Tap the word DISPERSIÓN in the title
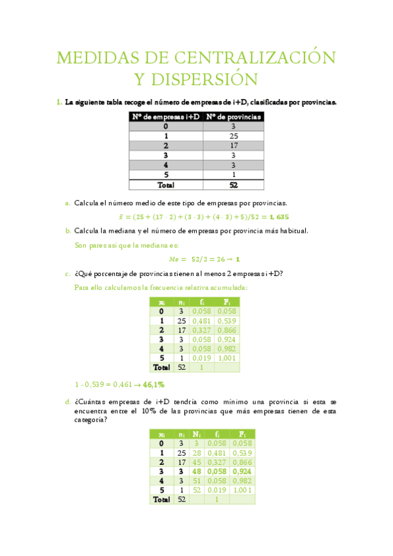click(x=197, y=80)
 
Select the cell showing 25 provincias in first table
click(x=234, y=136)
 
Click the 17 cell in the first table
click(x=234, y=146)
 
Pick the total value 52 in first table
click(x=234, y=185)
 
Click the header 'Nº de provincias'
click(x=234, y=117)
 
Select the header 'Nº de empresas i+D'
click(x=165, y=117)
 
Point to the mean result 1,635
click(x=278, y=216)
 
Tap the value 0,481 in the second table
click(x=201, y=321)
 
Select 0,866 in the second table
click(x=226, y=330)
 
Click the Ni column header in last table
click(x=197, y=433)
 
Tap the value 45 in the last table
click(x=197, y=461)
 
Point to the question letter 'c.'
click(x=68, y=273)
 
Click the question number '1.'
click(x=59, y=102)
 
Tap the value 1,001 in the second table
click(x=226, y=358)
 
